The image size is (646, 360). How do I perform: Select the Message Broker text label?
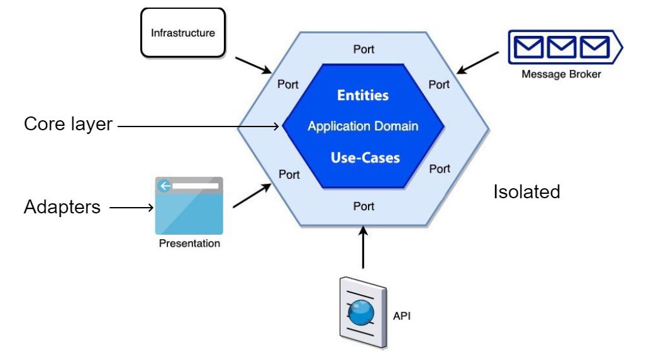point(561,74)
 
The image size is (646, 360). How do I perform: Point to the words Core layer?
point(68,124)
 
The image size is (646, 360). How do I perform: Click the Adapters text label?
point(62,206)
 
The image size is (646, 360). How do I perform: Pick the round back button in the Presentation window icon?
point(165,186)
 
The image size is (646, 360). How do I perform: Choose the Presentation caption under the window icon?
point(189,244)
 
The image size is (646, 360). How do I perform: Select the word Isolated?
point(526,191)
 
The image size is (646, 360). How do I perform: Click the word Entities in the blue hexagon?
point(363,96)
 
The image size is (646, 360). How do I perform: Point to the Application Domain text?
point(363,127)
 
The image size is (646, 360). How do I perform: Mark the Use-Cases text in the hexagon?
point(365,157)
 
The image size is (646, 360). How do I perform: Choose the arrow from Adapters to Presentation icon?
point(130,206)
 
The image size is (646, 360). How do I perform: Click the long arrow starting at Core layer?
point(198,127)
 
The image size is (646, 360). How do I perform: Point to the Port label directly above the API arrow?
point(364,206)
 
